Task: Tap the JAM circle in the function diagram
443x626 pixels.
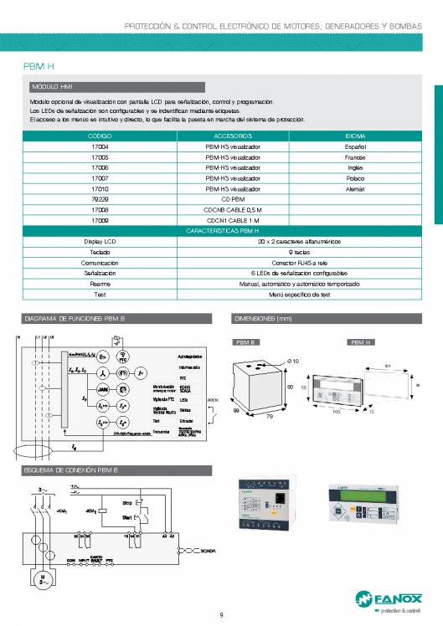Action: [104, 390]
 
